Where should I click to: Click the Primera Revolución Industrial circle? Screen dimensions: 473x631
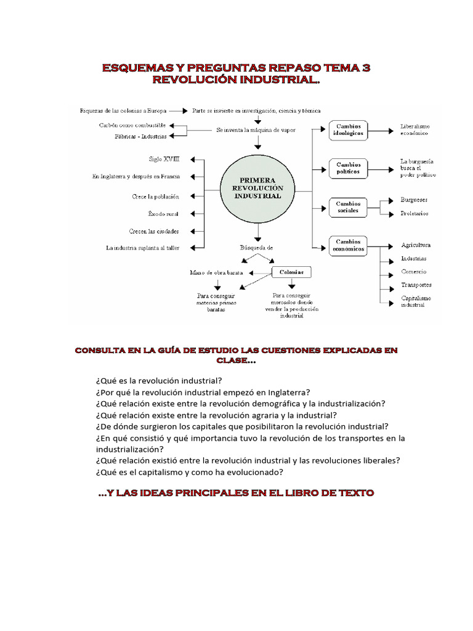(257, 188)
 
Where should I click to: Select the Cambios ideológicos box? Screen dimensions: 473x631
(348, 130)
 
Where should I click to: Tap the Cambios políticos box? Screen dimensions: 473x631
(349, 168)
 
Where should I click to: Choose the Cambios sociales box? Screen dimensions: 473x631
(349, 206)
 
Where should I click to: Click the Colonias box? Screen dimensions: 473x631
(291, 272)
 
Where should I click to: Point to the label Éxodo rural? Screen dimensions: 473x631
(163, 214)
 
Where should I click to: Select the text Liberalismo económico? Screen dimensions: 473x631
(414, 129)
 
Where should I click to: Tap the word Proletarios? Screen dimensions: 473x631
(414, 213)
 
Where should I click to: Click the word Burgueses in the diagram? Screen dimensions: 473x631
(414, 200)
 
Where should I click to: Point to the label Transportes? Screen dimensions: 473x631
(416, 285)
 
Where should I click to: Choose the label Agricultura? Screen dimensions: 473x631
(416, 245)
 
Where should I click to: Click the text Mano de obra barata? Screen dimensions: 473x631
(216, 272)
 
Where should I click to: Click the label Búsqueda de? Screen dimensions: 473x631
(256, 247)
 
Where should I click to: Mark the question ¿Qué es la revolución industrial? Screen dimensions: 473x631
(159, 380)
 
